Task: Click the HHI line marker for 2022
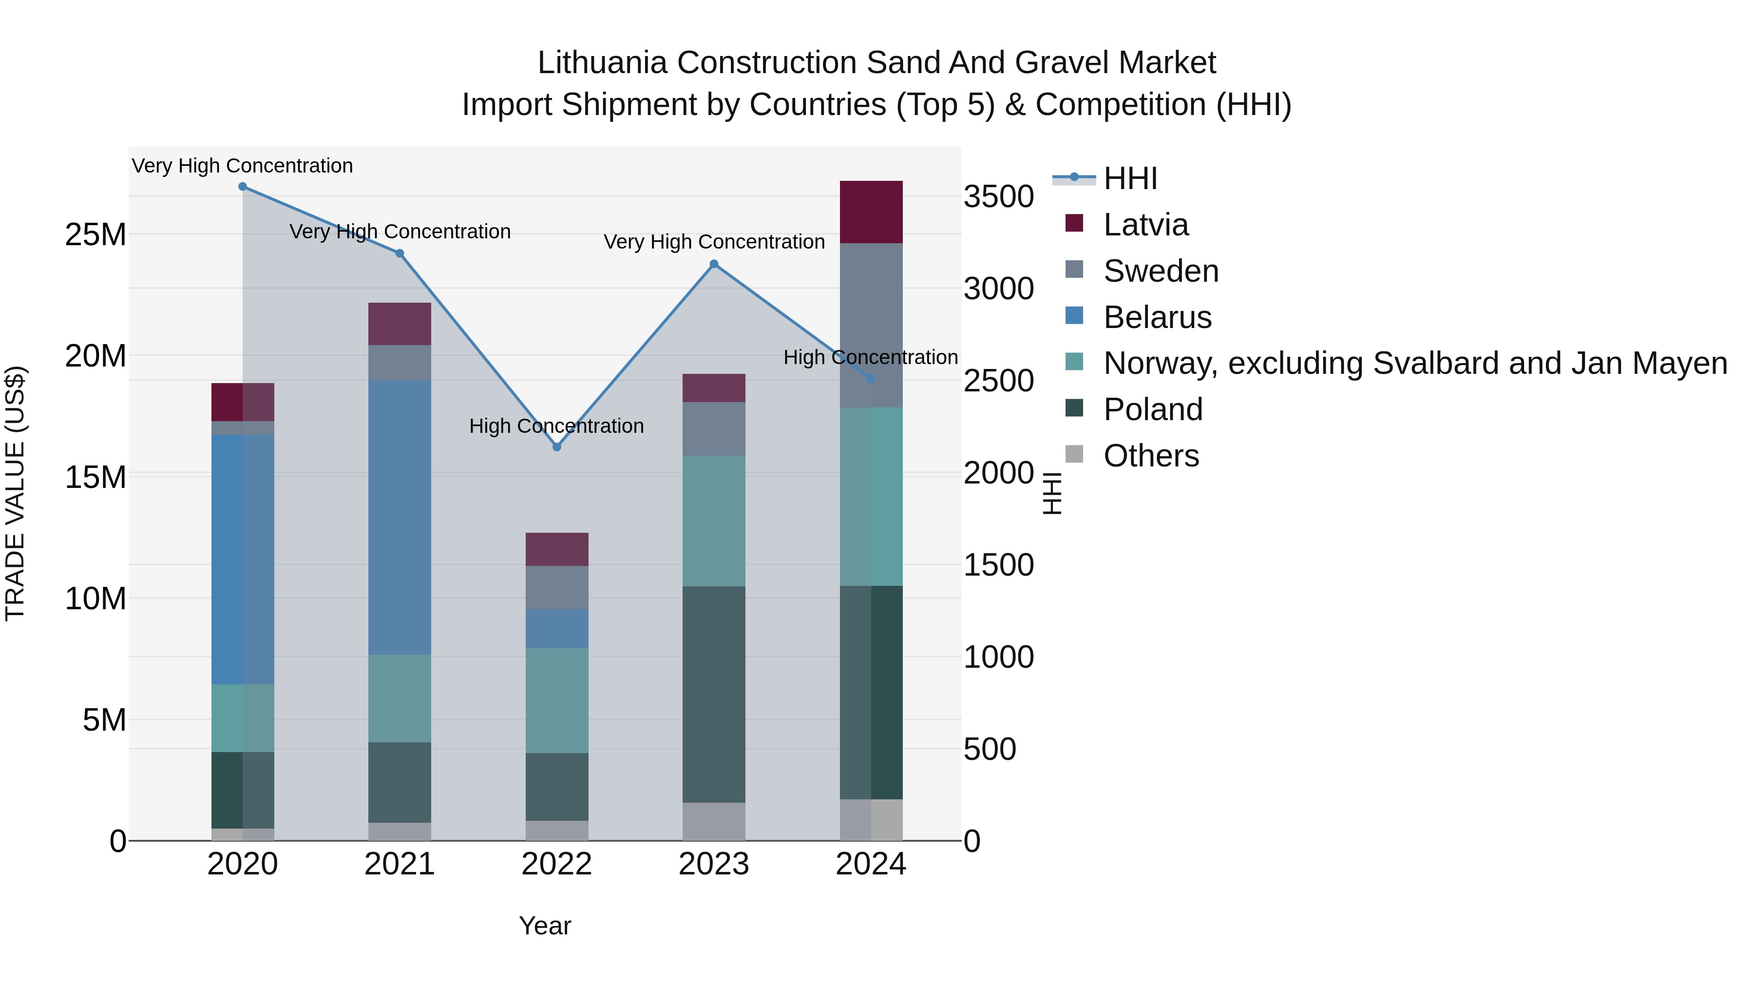coord(556,447)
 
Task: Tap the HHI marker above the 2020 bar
coord(243,187)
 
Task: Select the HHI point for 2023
coord(714,264)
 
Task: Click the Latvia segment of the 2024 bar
coord(871,212)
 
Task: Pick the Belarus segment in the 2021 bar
coord(400,518)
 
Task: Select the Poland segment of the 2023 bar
coord(714,694)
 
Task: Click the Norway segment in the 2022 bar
coord(556,700)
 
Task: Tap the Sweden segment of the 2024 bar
coord(871,325)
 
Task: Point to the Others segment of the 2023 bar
coord(714,821)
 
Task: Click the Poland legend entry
coord(1153,409)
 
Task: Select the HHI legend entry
coord(1130,178)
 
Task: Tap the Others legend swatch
coord(1074,454)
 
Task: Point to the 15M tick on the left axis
coord(95,477)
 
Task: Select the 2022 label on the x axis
coord(556,864)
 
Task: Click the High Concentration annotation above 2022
coord(556,426)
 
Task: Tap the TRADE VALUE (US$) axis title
coord(15,493)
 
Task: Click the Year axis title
coord(545,926)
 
